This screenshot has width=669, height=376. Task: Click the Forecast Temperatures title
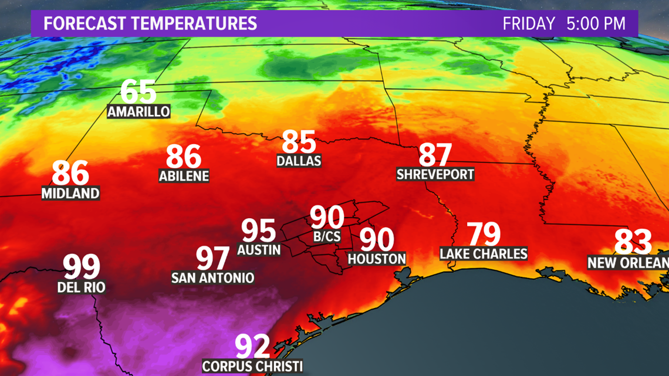point(150,23)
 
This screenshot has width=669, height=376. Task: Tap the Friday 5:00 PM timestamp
point(563,23)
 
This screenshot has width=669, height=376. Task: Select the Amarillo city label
point(138,111)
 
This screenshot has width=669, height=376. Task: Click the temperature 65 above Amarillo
point(138,92)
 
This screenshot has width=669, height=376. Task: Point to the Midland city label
point(70,193)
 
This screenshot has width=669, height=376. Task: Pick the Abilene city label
point(184,175)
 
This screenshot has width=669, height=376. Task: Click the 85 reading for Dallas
point(299,141)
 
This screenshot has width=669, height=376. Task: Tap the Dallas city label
point(299,160)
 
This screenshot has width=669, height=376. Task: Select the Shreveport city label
point(435,174)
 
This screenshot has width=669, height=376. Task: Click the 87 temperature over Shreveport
point(435,155)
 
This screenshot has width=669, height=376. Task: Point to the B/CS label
point(327,236)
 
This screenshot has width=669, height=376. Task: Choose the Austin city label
point(259,249)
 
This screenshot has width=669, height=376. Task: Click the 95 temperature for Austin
point(259,231)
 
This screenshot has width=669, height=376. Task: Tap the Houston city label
point(377,258)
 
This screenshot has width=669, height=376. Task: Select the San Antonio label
point(212,277)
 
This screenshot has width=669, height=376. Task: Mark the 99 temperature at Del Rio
point(82,267)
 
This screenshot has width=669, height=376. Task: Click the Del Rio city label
point(82,287)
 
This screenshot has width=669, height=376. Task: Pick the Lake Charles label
point(484,253)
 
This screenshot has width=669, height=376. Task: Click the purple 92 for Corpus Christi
point(252,346)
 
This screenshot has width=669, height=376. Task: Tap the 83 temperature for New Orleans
point(633,242)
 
